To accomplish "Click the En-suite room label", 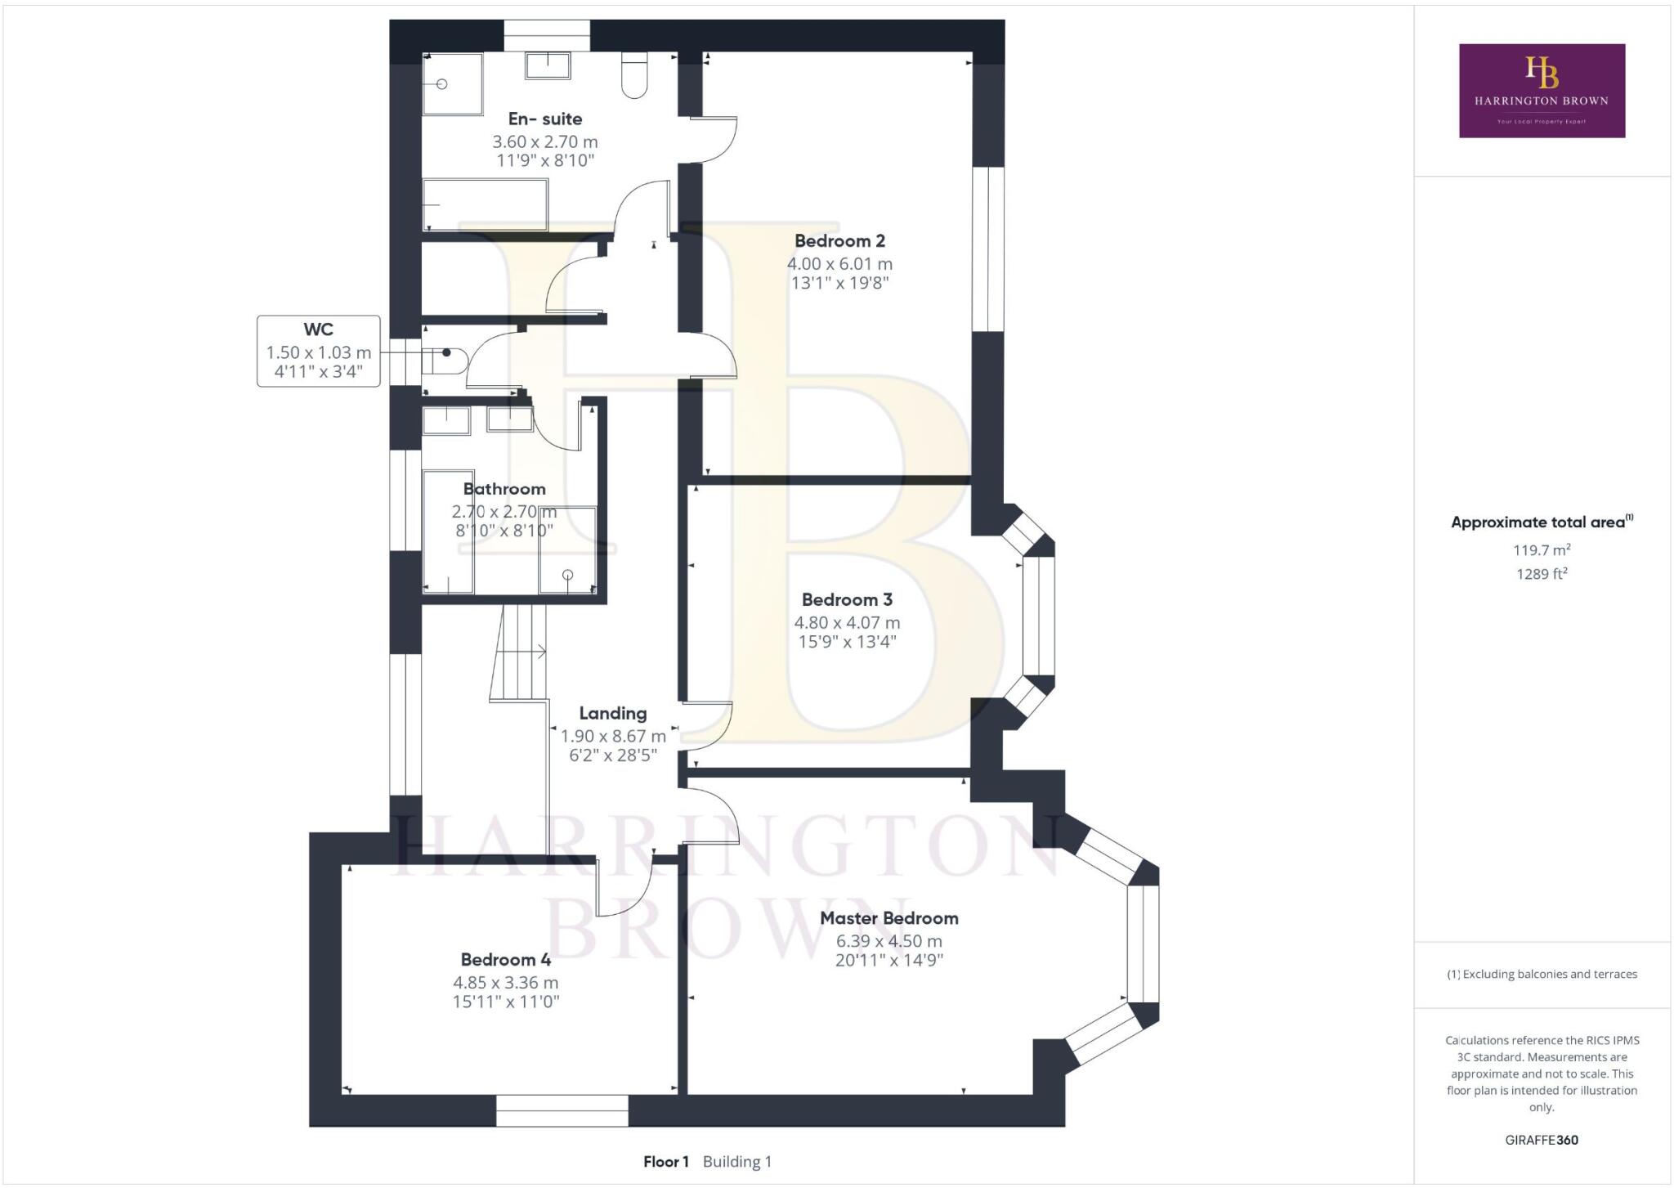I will [x=544, y=119].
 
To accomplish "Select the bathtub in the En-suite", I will [x=485, y=204].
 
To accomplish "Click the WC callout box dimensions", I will [x=318, y=362].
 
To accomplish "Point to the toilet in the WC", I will [x=444, y=361].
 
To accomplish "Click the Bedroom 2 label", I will [x=839, y=241].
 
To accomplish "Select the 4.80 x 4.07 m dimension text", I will [x=847, y=623].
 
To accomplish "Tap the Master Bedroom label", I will [x=888, y=918].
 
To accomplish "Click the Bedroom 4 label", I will [x=505, y=960].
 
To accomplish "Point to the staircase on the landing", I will [x=518, y=652].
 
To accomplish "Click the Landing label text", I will [x=612, y=714].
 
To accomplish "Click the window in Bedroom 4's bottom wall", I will [x=562, y=1111].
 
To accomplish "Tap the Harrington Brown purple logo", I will [x=1542, y=91].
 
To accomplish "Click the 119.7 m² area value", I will [x=1542, y=550].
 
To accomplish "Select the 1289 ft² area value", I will [x=1542, y=574].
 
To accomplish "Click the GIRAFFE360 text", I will [x=1542, y=1140].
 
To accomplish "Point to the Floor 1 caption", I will [x=665, y=1162].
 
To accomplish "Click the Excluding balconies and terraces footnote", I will [x=1542, y=975].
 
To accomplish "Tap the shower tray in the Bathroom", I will [x=567, y=550].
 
